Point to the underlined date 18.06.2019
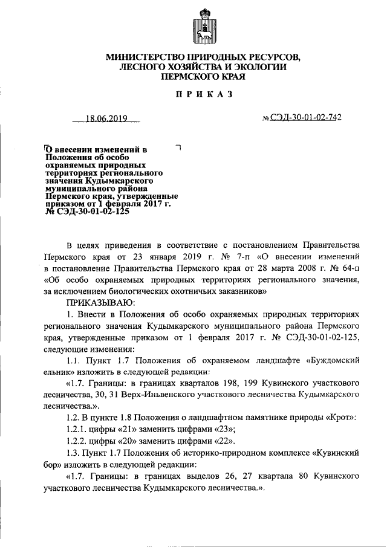(105, 119)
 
